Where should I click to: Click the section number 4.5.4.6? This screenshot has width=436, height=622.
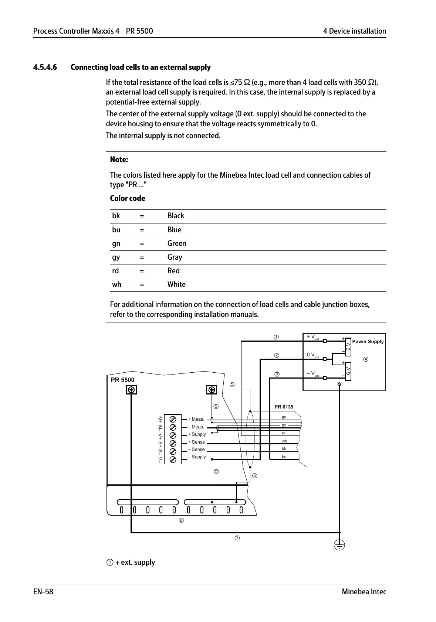45,68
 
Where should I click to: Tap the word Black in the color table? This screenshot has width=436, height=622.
176,216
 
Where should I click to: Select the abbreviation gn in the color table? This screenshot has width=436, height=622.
116,244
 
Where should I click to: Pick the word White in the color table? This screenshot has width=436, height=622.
176,285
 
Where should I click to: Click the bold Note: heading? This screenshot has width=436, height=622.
119,160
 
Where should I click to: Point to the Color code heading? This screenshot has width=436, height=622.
128,199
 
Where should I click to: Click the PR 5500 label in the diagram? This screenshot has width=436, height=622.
123,380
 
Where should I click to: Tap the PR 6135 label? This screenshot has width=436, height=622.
284,407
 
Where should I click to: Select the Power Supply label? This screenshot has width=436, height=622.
368,342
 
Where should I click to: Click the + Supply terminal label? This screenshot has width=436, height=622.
197,434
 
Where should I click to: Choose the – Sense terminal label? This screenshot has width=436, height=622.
196,450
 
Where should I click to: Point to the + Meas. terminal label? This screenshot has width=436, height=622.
196,419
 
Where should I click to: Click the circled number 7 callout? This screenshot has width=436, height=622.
237,538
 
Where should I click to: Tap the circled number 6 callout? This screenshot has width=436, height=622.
181,521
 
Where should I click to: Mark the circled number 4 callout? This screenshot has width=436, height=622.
366,359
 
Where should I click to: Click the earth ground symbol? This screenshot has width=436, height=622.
339,545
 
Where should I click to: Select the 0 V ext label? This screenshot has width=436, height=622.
313,355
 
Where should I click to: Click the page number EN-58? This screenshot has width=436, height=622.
43,592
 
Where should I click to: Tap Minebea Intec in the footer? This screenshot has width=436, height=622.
364,592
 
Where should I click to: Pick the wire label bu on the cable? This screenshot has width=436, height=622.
284,457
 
